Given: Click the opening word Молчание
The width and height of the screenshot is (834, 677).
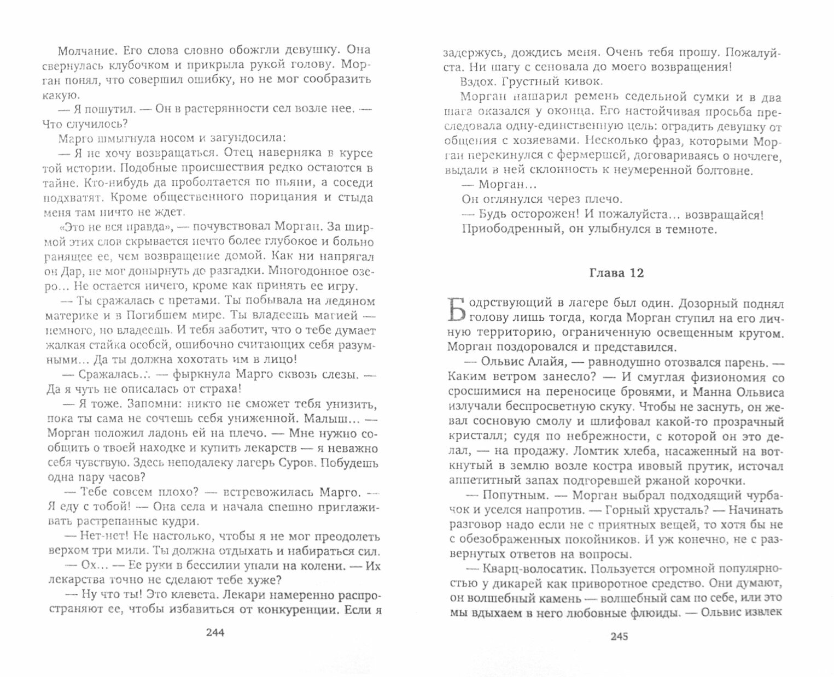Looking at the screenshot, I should pos(81,50).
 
